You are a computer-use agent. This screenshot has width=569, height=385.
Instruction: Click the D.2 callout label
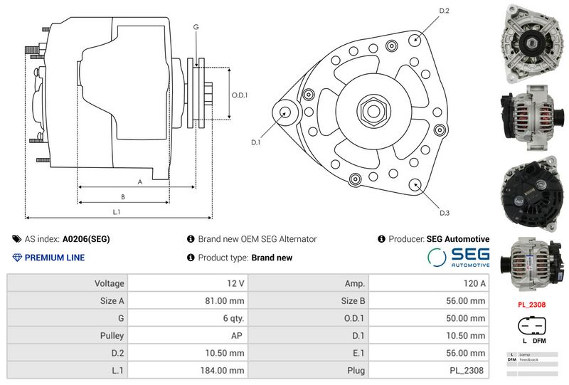click(x=445, y=11)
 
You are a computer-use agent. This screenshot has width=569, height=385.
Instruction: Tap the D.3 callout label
click(x=445, y=213)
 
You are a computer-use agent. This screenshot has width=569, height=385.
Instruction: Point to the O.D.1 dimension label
click(x=239, y=96)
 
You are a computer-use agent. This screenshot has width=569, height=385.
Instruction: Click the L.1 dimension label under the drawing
click(x=116, y=212)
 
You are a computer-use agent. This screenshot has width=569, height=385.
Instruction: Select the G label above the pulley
click(x=196, y=27)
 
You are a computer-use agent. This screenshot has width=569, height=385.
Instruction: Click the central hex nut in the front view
click(x=373, y=110)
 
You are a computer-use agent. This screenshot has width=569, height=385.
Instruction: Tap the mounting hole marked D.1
click(x=286, y=112)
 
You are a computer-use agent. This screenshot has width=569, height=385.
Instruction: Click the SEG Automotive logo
click(x=459, y=258)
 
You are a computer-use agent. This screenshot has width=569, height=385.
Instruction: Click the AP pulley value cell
click(x=238, y=335)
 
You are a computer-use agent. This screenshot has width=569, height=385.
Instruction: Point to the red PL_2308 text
click(x=531, y=304)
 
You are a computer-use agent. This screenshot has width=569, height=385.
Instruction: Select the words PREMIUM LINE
click(x=55, y=258)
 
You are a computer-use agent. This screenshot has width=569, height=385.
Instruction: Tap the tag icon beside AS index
click(x=17, y=239)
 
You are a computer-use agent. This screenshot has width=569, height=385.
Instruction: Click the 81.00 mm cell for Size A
click(x=224, y=300)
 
